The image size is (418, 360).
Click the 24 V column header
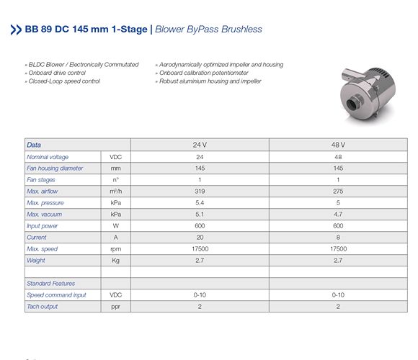(200, 145)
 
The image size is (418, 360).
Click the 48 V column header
(338, 145)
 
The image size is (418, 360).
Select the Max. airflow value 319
(200, 191)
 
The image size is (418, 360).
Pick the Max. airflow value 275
(338, 191)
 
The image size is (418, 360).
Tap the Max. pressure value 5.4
(200, 202)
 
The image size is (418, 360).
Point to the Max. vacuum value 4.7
(338, 214)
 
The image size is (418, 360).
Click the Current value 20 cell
(200, 237)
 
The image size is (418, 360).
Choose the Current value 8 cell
(338, 237)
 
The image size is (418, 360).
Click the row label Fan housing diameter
(55, 168)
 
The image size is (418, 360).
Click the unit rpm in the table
(115, 248)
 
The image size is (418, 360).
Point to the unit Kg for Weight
(115, 260)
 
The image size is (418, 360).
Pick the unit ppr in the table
(115, 306)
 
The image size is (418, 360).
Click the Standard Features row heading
(50, 283)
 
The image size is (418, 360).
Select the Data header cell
(34, 145)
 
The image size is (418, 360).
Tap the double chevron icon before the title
(16, 30)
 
